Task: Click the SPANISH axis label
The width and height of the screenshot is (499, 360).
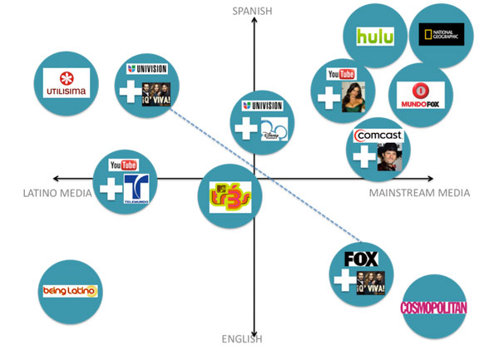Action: coord(253,10)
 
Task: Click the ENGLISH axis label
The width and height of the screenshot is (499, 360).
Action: coord(242,338)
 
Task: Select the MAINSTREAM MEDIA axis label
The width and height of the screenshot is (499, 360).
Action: coord(419,193)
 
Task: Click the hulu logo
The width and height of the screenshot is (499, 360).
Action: coord(374,37)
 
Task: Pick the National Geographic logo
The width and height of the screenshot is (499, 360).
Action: coord(442,34)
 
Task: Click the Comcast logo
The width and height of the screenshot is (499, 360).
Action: coord(378,136)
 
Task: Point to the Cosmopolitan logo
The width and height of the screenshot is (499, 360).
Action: coord(433,308)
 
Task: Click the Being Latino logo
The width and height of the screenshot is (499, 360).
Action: coord(70,291)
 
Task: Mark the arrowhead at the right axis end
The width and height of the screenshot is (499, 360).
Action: coord(430,179)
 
